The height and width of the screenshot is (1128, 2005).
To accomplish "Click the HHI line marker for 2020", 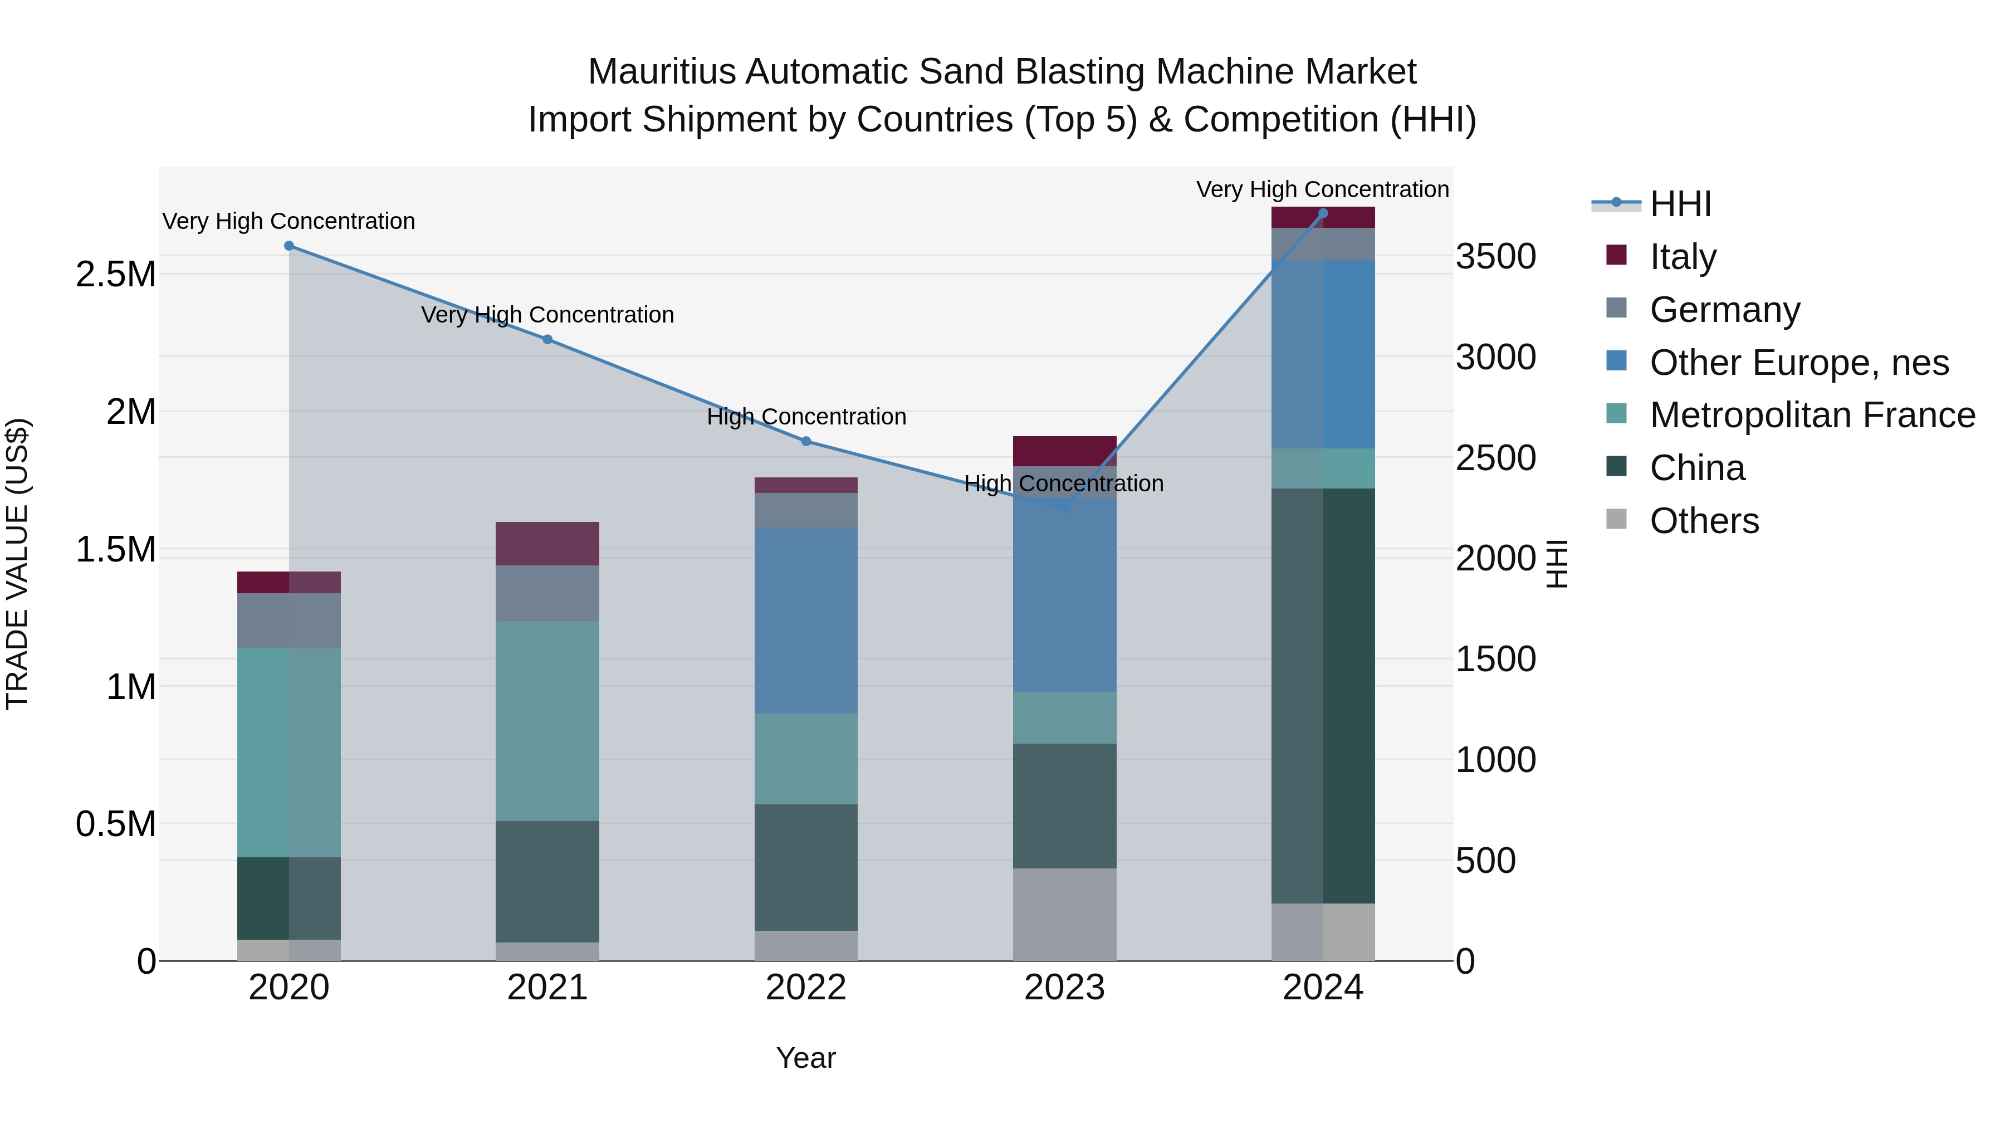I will point(288,246).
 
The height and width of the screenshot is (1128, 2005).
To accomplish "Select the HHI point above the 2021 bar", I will point(547,339).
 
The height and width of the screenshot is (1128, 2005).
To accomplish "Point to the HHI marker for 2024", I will point(1323,213).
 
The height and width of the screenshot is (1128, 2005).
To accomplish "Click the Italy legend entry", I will point(1682,257).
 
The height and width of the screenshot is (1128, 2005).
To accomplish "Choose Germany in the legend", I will point(1724,310).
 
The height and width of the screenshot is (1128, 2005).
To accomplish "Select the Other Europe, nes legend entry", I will point(1798,363).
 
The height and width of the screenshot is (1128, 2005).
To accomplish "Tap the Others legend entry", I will point(1704,521).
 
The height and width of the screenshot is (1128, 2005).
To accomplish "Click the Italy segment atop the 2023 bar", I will point(1064,451).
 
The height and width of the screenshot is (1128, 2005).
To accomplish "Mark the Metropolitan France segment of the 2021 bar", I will point(547,721).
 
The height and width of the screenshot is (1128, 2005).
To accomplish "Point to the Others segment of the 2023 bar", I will point(1064,914).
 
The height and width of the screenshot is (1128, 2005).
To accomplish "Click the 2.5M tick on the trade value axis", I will point(116,275).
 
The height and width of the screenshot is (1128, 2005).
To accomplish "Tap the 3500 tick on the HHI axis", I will point(1495,257).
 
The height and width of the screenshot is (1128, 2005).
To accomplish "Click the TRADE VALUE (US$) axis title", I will point(17,564).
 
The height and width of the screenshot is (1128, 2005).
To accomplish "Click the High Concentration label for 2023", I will point(1064,484).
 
